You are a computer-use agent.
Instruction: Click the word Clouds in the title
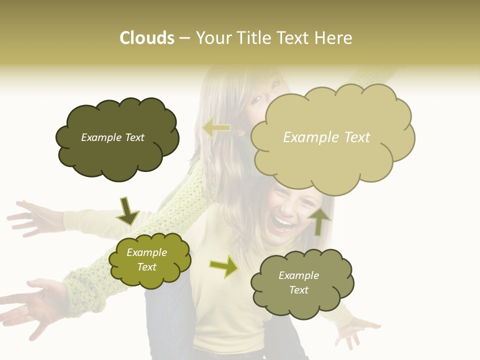point(147,38)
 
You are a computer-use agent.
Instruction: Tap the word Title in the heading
point(253,38)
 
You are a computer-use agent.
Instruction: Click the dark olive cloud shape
point(116,138)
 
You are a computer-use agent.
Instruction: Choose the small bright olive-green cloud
point(149,260)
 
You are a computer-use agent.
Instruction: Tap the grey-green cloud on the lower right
point(302,283)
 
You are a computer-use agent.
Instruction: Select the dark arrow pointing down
point(127,210)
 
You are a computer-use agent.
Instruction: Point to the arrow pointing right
point(224,266)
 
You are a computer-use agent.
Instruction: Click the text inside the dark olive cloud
point(112,137)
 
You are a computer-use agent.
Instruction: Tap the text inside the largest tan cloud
point(326,137)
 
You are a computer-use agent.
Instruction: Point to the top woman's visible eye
point(256,99)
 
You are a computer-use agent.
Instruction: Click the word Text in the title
point(295,38)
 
